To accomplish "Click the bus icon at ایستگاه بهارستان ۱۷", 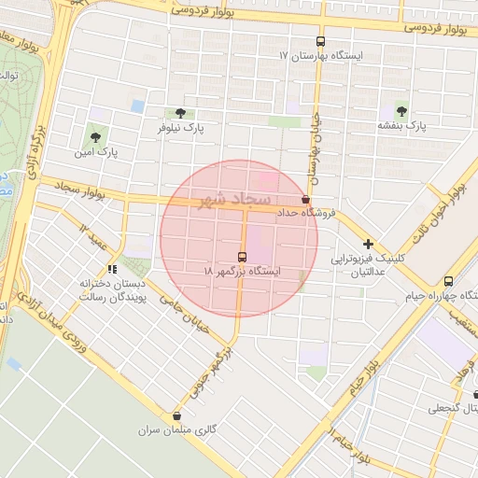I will (x=321, y=41).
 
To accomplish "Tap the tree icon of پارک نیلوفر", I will (x=181, y=112).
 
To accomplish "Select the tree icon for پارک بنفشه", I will (x=401, y=111).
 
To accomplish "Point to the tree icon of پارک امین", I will (x=96, y=136).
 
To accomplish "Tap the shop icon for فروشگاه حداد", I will (x=305, y=200).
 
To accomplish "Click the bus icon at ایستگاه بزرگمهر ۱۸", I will (x=243, y=257).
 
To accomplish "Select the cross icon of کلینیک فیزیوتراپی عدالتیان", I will (x=369, y=244).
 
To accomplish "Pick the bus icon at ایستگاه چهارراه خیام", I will (x=449, y=281).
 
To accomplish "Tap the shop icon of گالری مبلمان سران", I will (x=176, y=416).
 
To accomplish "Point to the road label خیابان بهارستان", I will (x=315, y=150).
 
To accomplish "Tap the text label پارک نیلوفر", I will (x=181, y=126).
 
